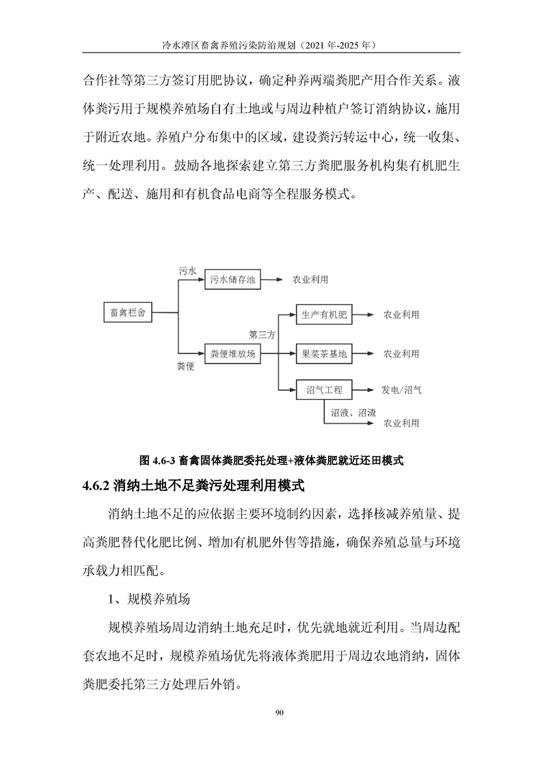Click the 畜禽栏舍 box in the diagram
(127, 312)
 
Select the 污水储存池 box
(232, 280)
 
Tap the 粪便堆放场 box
(232, 353)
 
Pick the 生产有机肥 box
(324, 315)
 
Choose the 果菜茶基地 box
(324, 353)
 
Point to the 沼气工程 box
(324, 390)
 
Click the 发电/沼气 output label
(401, 390)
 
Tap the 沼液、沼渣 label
(353, 413)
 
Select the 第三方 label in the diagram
(262, 335)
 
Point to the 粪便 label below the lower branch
(187, 367)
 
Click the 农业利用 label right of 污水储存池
(310, 280)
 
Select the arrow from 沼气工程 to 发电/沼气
(364, 390)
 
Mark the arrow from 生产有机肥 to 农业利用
(364, 315)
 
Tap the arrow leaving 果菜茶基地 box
(364, 353)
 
